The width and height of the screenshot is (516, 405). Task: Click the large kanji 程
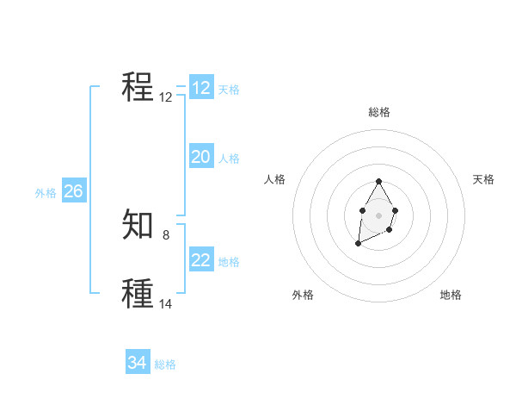138,87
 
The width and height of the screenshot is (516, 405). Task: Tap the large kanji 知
138,224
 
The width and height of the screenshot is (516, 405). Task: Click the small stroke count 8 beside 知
166,234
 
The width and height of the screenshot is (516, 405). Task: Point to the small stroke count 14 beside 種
166,303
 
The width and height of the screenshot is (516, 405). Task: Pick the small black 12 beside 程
166,97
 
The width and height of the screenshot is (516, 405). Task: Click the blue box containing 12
201,88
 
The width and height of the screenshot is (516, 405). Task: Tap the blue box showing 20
201,157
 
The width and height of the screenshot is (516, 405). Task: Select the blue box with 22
201,260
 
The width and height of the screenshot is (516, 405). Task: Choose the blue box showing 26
73,191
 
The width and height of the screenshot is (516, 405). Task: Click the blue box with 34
138,363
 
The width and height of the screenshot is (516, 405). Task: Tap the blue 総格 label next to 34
165,364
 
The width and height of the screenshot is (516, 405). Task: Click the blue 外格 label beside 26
46,193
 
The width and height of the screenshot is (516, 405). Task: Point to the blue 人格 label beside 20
229,159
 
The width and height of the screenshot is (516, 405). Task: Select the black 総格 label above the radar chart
379,112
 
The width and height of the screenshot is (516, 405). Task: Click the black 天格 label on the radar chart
483,179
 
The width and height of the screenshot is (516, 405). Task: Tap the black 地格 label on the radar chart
451,295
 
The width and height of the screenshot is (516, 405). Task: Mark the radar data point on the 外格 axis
359,245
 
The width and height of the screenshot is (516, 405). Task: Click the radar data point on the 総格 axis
378,182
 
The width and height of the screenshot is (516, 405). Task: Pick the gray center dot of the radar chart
378,214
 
